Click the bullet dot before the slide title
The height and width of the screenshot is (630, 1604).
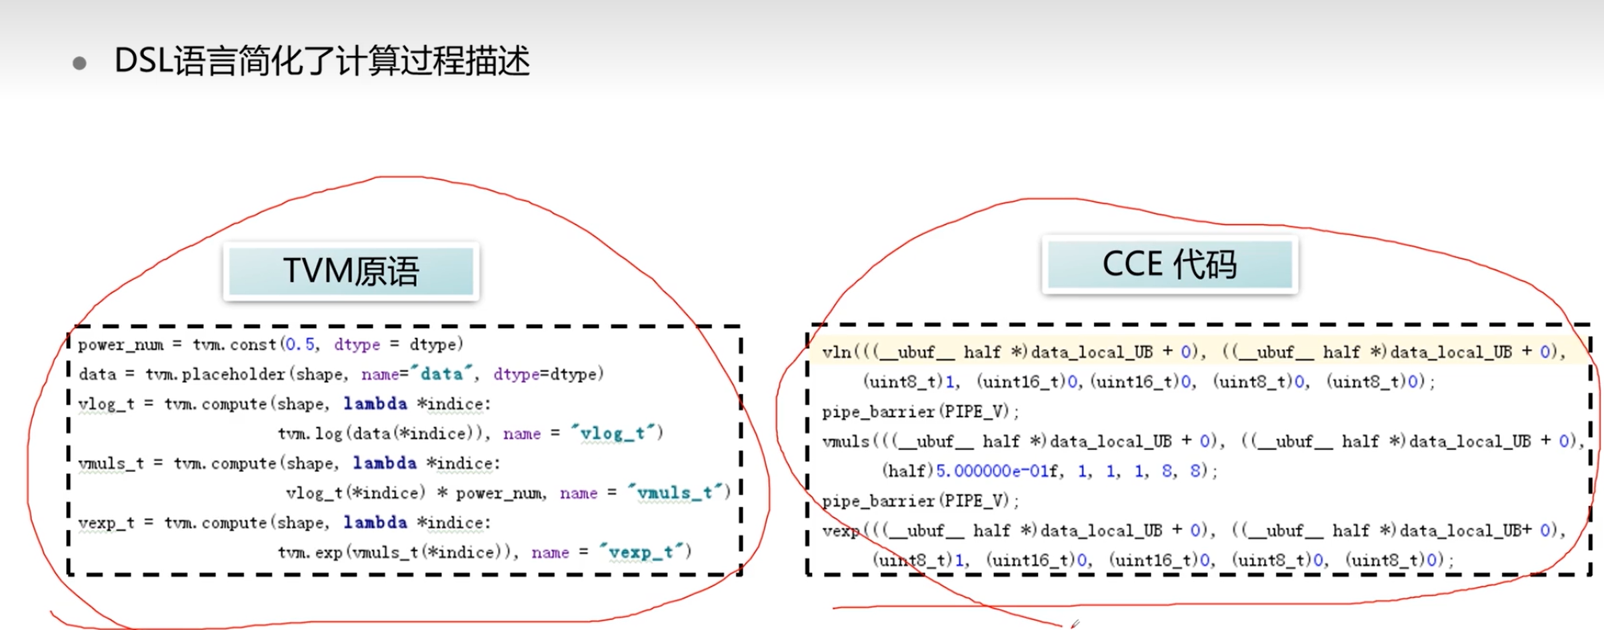[x=79, y=63]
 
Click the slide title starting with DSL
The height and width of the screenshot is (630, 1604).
[x=321, y=61]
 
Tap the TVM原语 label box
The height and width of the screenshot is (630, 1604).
[x=351, y=271]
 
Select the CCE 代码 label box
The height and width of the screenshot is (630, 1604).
[x=1169, y=265]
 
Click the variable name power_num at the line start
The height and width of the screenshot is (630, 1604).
[x=121, y=345]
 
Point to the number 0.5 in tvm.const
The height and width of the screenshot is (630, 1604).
[x=299, y=345]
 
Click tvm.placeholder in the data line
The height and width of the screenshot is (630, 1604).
[x=215, y=374]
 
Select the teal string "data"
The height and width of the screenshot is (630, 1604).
[x=441, y=374]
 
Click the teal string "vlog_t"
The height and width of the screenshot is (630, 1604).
[x=612, y=433]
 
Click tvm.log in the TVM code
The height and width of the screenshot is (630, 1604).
[x=310, y=433]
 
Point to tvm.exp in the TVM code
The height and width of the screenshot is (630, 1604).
[x=310, y=552]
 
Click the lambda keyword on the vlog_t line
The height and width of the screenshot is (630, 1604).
[x=375, y=404]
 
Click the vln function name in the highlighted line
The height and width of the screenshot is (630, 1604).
[x=837, y=352]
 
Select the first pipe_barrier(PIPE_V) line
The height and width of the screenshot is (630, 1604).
[x=920, y=411]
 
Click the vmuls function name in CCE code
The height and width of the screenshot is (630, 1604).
[x=846, y=441]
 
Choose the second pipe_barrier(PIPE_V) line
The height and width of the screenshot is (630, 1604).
[x=920, y=501]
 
